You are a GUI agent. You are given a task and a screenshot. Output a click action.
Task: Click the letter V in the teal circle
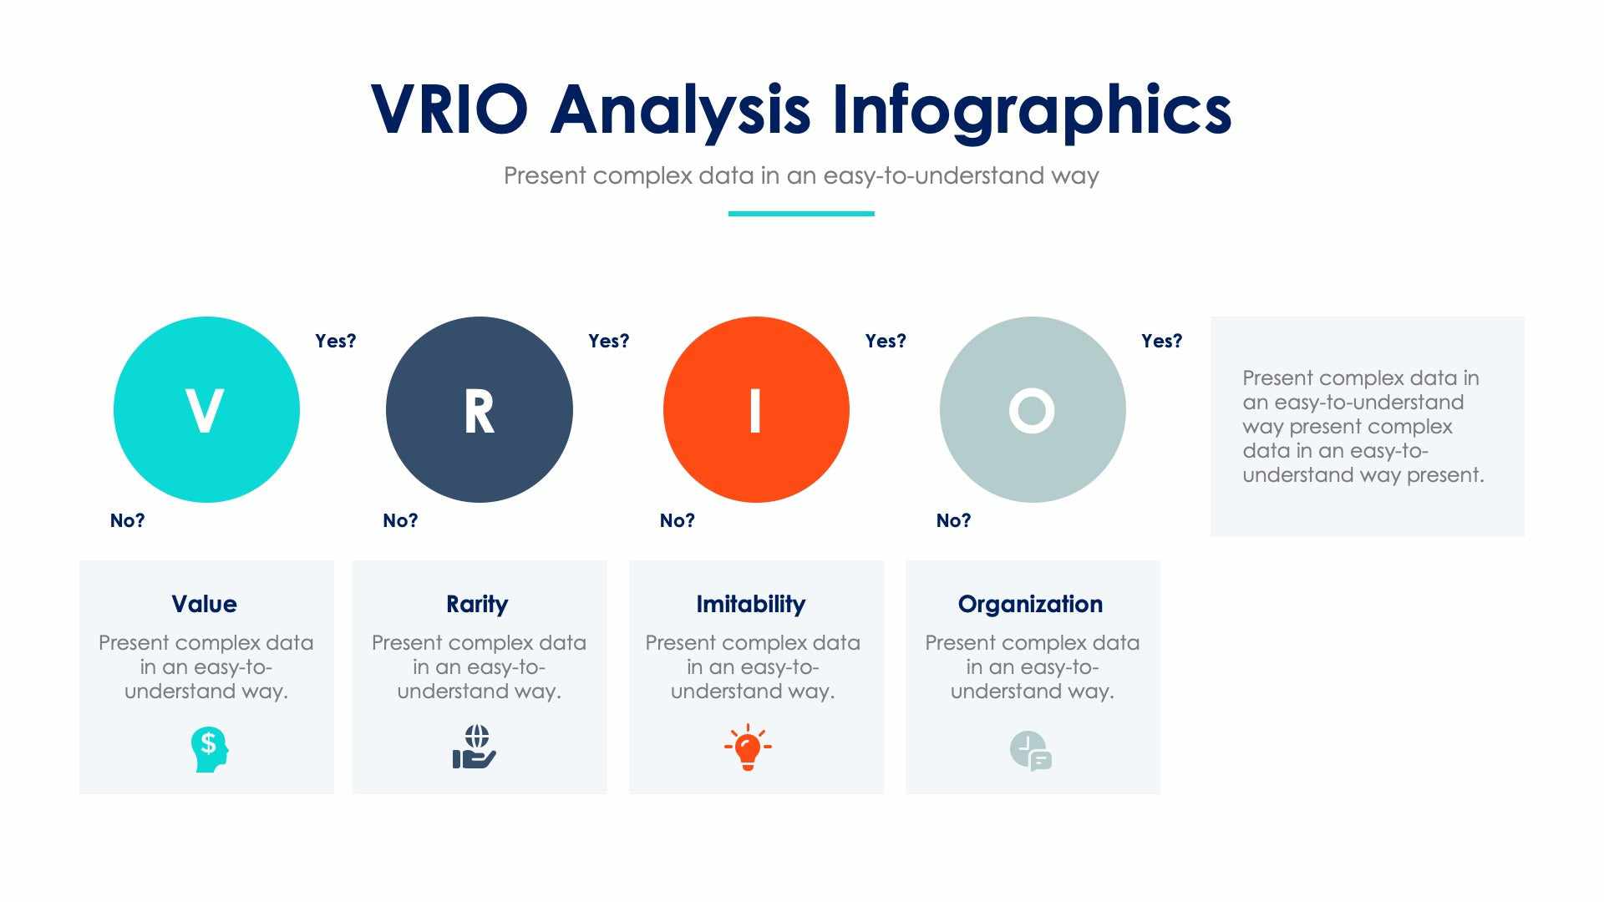205,411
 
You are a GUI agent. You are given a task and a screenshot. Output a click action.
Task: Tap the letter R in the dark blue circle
479,411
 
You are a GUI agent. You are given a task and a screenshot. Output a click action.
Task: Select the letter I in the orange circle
755,411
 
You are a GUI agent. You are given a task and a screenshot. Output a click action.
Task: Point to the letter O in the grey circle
1032,411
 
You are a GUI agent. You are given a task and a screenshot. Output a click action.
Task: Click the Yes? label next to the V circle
335,341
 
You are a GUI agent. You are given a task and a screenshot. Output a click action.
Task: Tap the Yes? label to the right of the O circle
1161,341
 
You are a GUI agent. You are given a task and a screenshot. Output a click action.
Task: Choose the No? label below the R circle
400,520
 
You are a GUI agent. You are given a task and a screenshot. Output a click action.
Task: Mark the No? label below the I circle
677,520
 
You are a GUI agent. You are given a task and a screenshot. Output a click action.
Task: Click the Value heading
205,604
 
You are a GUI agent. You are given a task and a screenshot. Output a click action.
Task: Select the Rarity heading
477,604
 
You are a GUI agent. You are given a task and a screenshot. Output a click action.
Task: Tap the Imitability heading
750,604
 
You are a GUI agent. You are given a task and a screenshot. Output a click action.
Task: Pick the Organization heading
1030,604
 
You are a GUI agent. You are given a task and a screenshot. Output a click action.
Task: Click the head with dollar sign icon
209,748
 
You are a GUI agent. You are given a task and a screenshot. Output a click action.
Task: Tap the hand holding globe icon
475,747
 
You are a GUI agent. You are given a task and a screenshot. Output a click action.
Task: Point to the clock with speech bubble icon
1030,751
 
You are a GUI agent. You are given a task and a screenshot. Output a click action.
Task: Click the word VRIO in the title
449,109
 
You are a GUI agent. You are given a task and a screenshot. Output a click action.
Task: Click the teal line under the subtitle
801,214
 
